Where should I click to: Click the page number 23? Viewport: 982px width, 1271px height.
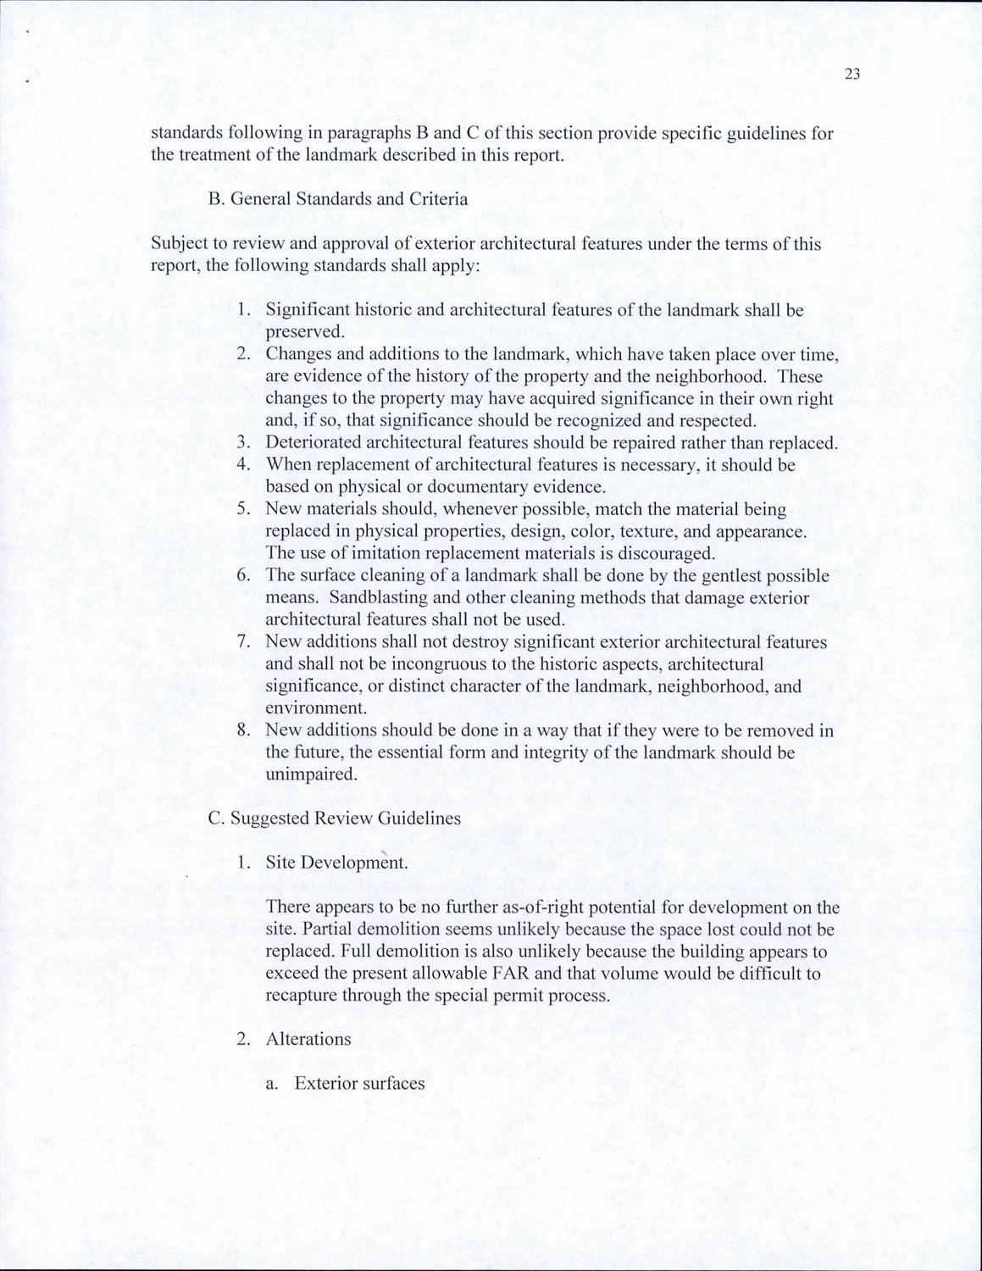coord(852,75)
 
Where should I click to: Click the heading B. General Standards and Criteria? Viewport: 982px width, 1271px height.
coord(337,199)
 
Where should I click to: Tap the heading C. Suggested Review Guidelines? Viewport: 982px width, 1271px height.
coord(334,818)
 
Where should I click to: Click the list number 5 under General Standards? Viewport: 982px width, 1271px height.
coord(243,509)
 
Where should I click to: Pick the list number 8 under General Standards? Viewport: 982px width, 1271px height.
coord(243,730)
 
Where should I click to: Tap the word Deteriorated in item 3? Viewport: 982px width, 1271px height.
coord(313,442)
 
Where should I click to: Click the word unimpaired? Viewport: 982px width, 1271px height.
coord(310,774)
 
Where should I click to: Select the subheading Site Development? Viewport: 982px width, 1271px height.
coord(336,863)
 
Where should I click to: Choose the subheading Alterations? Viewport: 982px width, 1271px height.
coord(308,1039)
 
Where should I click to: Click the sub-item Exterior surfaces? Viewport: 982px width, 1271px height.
coord(359,1084)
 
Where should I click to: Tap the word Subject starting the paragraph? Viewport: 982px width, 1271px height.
coord(179,244)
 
